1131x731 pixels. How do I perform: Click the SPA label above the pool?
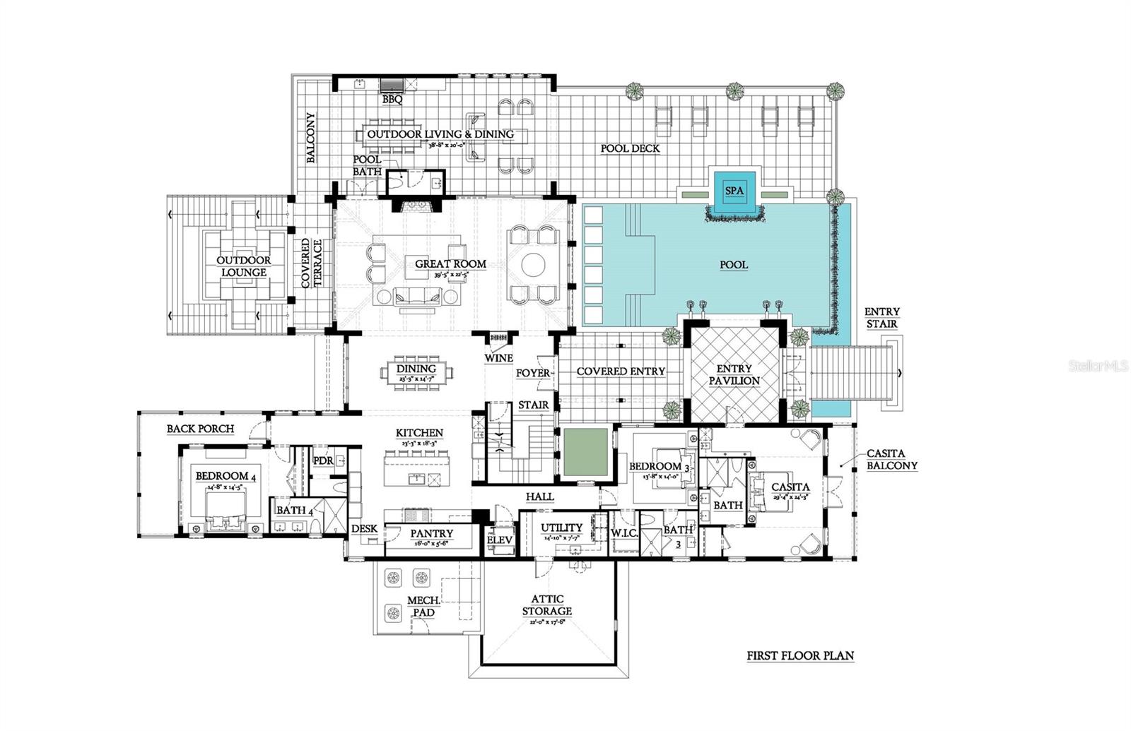734,191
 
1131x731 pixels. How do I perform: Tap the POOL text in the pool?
734,265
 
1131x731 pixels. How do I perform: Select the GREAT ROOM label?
450,264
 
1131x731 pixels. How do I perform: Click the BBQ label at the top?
392,100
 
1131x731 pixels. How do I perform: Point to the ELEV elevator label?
500,540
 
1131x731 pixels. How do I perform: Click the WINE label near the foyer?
498,358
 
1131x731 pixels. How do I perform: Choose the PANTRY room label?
431,534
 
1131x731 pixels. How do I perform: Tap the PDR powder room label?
323,460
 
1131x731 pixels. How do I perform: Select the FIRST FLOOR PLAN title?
800,655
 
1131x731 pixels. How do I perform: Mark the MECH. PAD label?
423,607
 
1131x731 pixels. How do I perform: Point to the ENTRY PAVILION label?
734,375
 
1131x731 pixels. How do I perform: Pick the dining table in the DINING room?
417,372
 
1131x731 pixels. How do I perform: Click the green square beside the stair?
586,451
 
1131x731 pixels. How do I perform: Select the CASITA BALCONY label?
892,460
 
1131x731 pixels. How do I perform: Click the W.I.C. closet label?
624,533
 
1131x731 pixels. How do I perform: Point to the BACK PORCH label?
200,429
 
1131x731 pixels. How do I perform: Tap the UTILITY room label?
561,528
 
